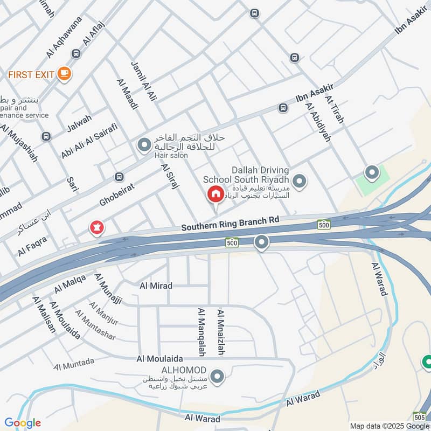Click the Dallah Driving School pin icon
(x=300, y=181)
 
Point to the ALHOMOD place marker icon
(x=218, y=377)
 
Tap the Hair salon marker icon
(x=144, y=145)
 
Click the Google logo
(x=22, y=423)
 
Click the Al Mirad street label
(x=156, y=286)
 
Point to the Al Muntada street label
(x=74, y=364)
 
